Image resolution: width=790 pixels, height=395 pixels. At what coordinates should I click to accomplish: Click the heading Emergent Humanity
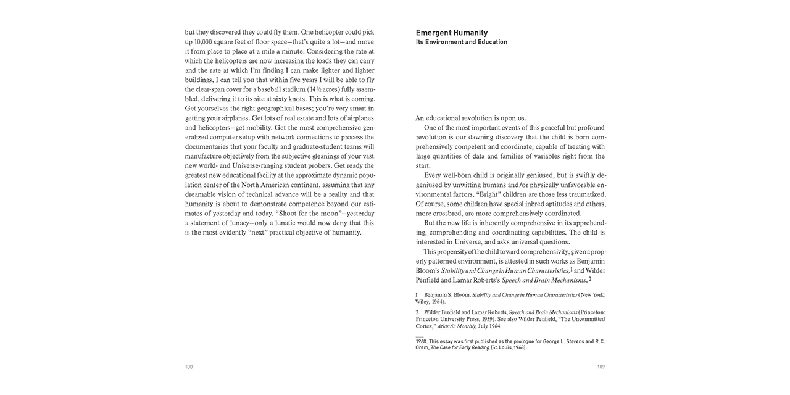click(x=452, y=33)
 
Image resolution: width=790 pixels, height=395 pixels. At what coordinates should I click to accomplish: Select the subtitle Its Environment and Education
click(x=462, y=43)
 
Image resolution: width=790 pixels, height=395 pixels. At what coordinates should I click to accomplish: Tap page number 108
click(x=189, y=367)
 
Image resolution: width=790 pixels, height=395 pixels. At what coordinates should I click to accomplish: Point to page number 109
click(x=601, y=367)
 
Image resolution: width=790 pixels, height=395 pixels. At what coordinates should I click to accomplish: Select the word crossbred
click(x=451, y=214)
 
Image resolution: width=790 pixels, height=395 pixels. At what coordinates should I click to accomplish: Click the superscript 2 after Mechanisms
click(x=590, y=279)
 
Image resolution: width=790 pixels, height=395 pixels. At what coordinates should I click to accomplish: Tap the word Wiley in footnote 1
click(x=423, y=302)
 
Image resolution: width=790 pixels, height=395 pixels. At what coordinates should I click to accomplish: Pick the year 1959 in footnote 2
click(x=479, y=319)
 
